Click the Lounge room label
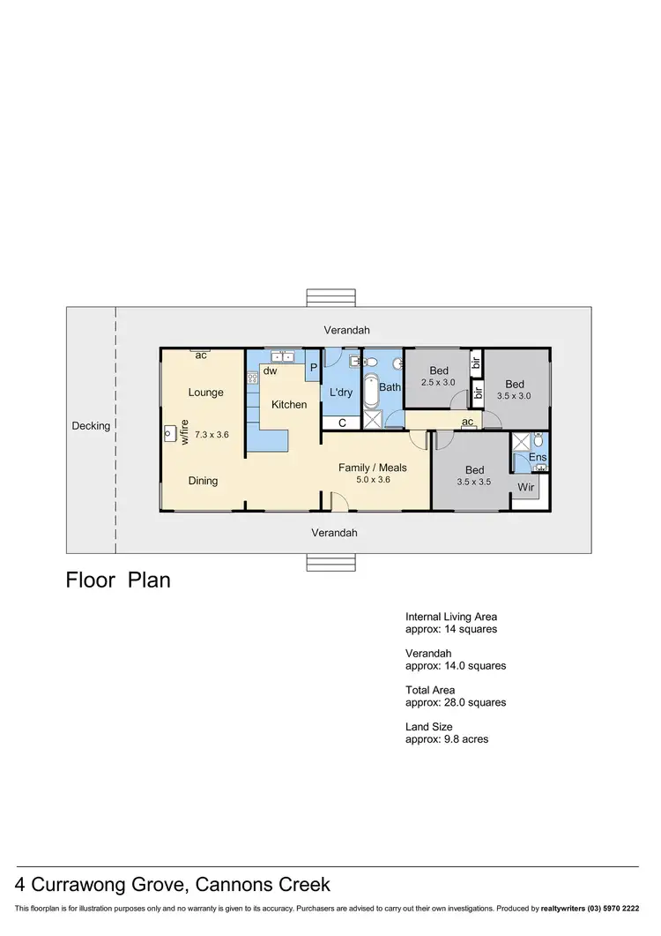coord(205,393)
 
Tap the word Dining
coord(203,481)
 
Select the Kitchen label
coord(289,405)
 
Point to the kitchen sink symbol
coord(283,357)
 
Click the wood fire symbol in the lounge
coord(169,433)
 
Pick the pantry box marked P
coord(312,369)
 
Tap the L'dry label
coord(341,393)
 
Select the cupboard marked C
coord(342,423)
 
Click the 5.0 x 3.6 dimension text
coord(371,480)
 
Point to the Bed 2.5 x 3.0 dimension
coord(438,382)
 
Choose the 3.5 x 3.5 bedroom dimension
coord(474,483)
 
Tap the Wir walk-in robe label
coord(526,487)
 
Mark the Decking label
coord(91,426)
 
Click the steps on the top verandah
coord(330,297)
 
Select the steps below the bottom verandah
coord(330,562)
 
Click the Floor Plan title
coord(118,580)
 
